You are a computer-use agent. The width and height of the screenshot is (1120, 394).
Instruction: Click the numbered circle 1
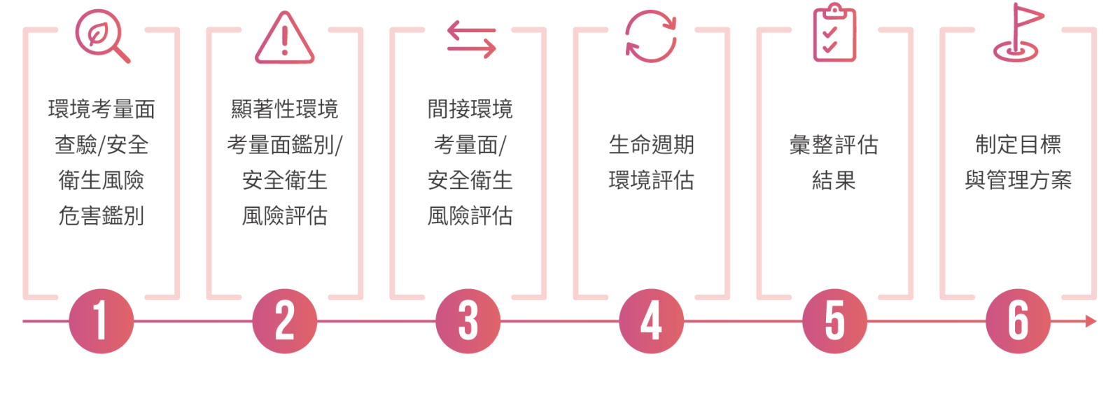(x=101, y=321)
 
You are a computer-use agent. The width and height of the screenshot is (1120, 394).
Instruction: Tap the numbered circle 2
(x=284, y=321)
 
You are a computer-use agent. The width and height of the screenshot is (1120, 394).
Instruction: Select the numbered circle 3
(x=468, y=321)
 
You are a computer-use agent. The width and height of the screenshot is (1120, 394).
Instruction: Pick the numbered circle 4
(x=652, y=321)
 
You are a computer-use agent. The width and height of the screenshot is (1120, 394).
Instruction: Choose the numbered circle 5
(x=834, y=321)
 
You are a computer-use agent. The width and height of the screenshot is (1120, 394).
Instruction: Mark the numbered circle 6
(x=1018, y=321)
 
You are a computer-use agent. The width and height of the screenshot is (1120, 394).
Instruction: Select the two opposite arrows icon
(x=472, y=39)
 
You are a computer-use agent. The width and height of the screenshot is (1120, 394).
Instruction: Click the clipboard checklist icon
(x=834, y=33)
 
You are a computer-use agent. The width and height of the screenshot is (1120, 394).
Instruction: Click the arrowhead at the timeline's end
(x=1091, y=321)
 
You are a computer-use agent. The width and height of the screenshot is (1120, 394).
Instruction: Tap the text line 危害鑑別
(x=101, y=216)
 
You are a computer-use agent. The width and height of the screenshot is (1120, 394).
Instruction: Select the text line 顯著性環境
(x=284, y=109)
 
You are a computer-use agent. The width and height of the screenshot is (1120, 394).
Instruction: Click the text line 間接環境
(x=470, y=109)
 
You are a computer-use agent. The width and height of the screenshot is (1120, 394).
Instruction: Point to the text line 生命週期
(x=652, y=145)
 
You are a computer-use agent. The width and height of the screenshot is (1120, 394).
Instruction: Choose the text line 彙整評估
(x=834, y=145)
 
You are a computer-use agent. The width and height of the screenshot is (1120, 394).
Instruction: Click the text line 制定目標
(x=1018, y=145)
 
